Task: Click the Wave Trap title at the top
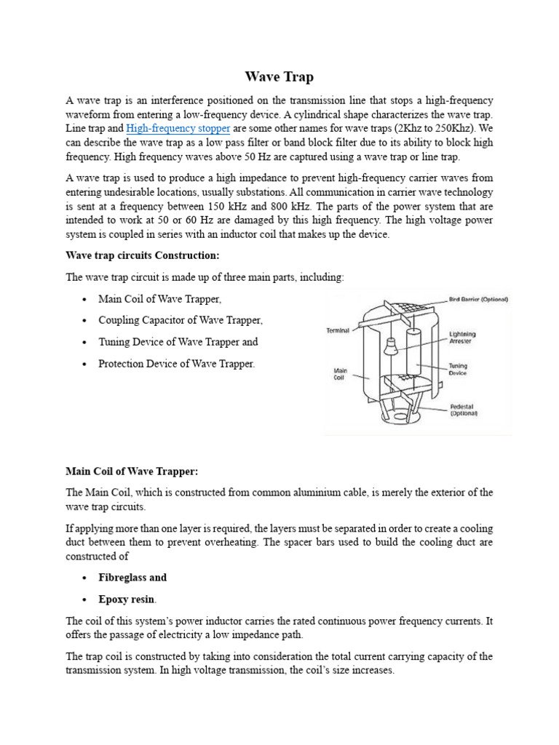(x=279, y=76)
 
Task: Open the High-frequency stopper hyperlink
(x=178, y=129)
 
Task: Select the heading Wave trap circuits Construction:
(x=142, y=256)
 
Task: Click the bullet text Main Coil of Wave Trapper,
(x=159, y=299)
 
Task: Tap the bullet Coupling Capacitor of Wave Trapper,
(x=181, y=320)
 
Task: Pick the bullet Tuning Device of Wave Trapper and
(x=178, y=342)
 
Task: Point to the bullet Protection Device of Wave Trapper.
(x=176, y=364)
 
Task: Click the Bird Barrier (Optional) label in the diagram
(x=477, y=299)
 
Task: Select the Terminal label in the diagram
(x=337, y=330)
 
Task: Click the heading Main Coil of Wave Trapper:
(x=132, y=471)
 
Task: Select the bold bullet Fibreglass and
(x=132, y=577)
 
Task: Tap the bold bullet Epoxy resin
(x=127, y=599)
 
